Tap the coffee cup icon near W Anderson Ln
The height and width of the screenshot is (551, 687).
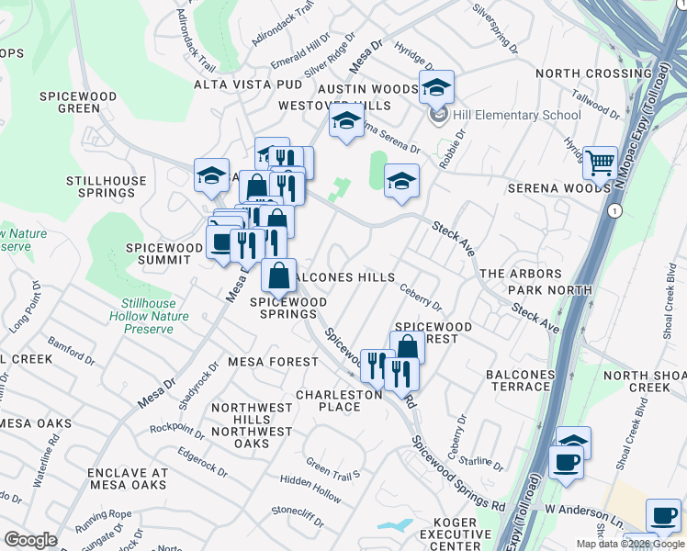(x=566, y=461)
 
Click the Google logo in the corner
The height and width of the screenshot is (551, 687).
(x=30, y=540)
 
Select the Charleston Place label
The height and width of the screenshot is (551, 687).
(x=339, y=400)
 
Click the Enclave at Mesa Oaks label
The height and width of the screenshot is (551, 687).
(x=128, y=479)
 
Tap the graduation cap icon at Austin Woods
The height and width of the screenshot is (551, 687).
(x=437, y=87)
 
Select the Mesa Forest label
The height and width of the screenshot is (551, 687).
(x=273, y=362)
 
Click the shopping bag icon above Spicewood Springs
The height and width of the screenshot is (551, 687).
(x=279, y=275)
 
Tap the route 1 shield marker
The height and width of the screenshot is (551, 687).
(x=614, y=210)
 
